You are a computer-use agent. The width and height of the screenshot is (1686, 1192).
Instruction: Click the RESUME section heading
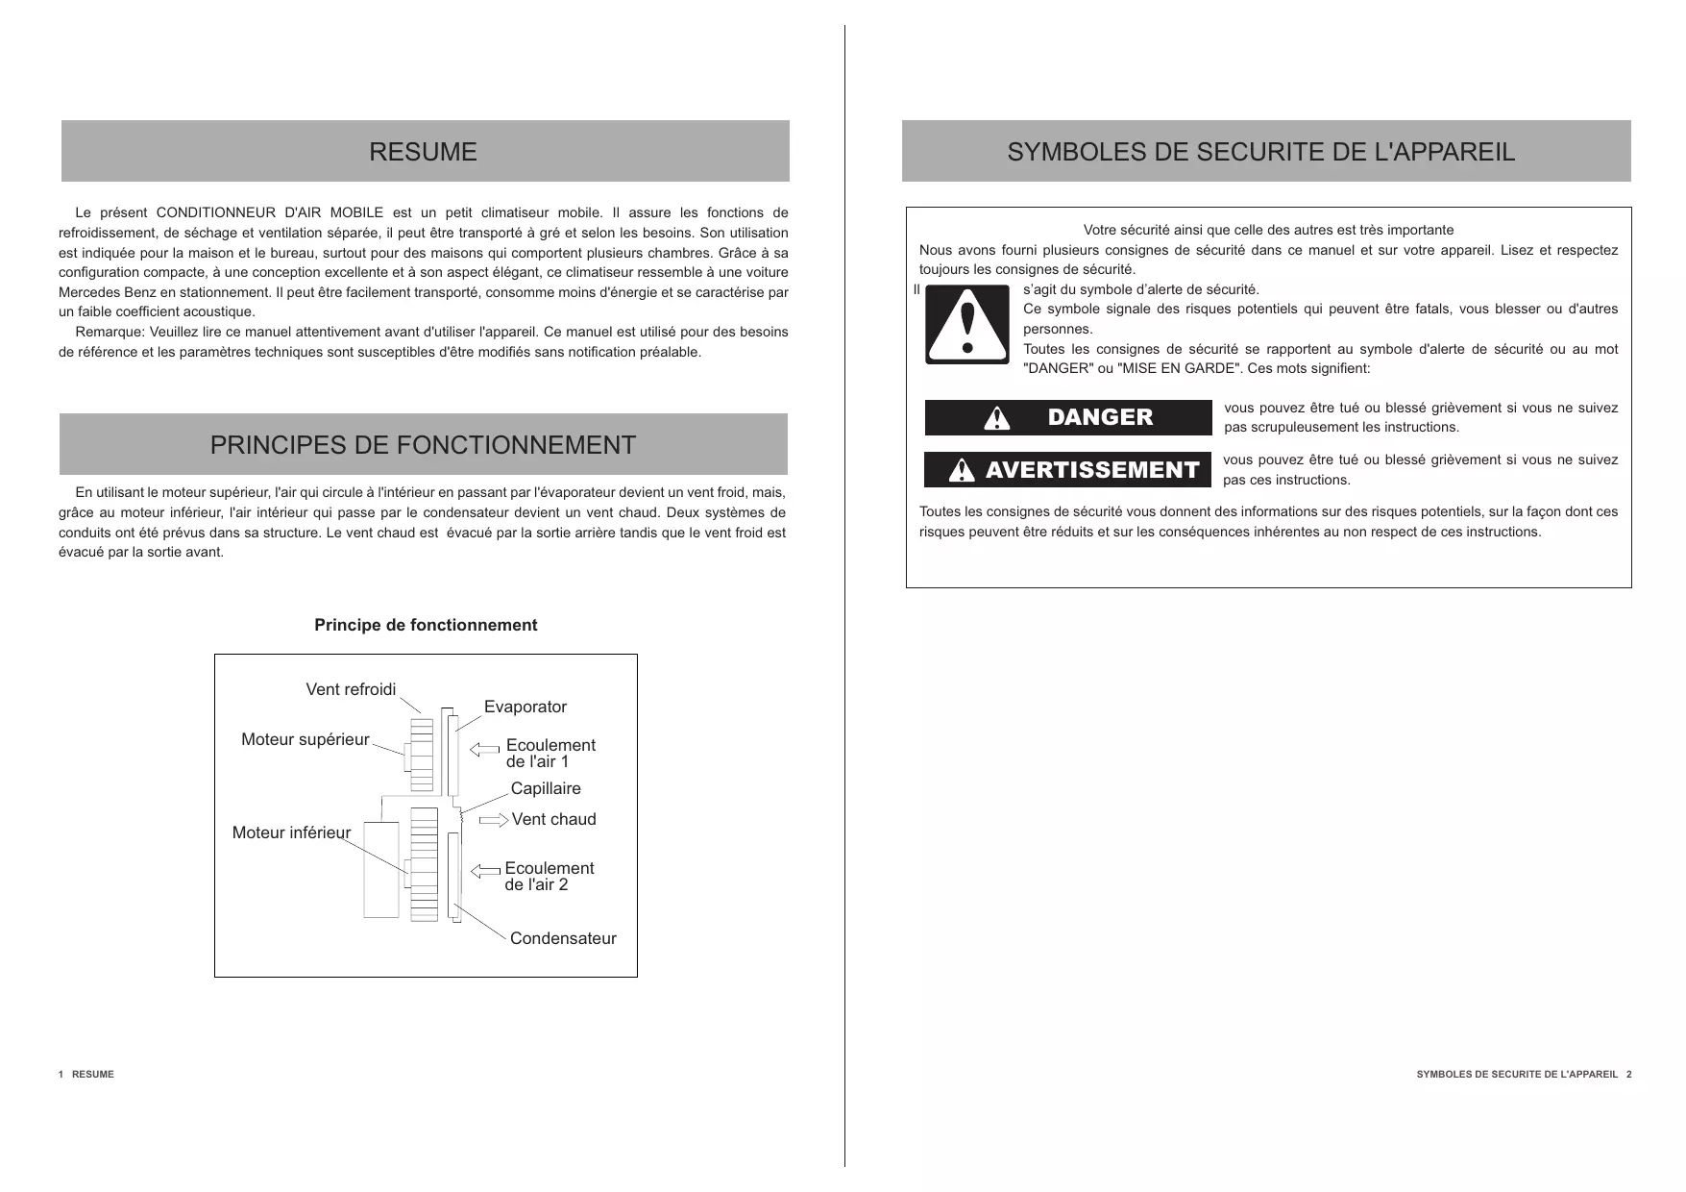tap(423, 152)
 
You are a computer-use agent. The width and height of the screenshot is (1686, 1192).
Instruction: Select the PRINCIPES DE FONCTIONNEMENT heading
tap(423, 445)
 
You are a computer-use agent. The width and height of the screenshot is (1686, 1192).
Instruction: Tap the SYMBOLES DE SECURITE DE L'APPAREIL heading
tap(1260, 152)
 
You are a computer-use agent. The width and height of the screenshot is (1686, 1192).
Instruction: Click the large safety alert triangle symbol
tap(966, 324)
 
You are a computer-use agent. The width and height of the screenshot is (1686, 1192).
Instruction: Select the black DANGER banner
tap(1067, 417)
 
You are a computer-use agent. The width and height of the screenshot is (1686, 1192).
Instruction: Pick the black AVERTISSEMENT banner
tap(1067, 470)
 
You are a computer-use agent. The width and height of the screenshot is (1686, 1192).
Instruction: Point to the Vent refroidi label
tap(351, 689)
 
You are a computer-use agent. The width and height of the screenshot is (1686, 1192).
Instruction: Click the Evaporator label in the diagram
tap(525, 707)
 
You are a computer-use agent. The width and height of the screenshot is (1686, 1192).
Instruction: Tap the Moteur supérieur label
tap(305, 739)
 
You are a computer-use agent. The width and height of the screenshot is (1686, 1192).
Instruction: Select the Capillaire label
tap(546, 788)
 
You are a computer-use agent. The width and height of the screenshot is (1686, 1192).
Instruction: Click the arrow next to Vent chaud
tap(494, 819)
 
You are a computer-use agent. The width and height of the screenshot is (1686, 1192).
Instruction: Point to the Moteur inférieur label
tap(291, 832)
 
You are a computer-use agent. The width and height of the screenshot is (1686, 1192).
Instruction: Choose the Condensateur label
tap(563, 938)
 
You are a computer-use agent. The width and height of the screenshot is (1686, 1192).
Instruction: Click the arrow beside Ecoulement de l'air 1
tap(485, 749)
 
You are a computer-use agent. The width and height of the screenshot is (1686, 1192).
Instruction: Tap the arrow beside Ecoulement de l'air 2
tap(485, 871)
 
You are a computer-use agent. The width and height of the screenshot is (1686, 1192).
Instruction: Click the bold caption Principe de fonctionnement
tap(426, 625)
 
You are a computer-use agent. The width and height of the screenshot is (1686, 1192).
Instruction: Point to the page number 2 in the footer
tap(1628, 1074)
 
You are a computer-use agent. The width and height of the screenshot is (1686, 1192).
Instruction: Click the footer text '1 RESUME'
tap(86, 1074)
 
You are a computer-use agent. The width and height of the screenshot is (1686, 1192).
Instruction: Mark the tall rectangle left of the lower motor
tap(380, 869)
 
